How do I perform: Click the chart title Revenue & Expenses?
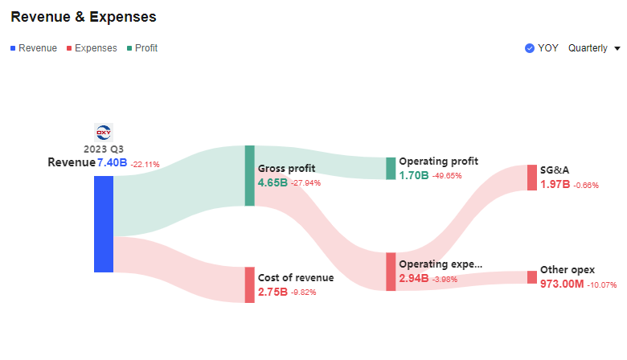(84, 17)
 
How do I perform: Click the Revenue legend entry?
(34, 48)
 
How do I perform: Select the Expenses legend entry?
(92, 48)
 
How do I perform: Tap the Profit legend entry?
(142, 48)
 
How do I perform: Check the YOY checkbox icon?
(529, 48)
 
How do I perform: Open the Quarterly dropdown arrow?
(617, 48)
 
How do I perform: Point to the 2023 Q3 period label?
(104, 149)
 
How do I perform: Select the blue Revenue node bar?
(104, 223)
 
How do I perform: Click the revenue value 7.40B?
(112, 163)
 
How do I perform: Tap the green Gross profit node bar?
(249, 175)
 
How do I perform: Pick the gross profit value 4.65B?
(272, 183)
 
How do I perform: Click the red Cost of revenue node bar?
(249, 284)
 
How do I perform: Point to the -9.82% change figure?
(304, 292)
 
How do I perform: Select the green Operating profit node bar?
(391, 168)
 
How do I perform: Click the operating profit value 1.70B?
(413, 175)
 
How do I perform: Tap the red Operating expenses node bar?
(391, 272)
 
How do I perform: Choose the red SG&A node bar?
(531, 178)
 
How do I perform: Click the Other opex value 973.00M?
(562, 284)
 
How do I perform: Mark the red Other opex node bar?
(531, 277)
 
